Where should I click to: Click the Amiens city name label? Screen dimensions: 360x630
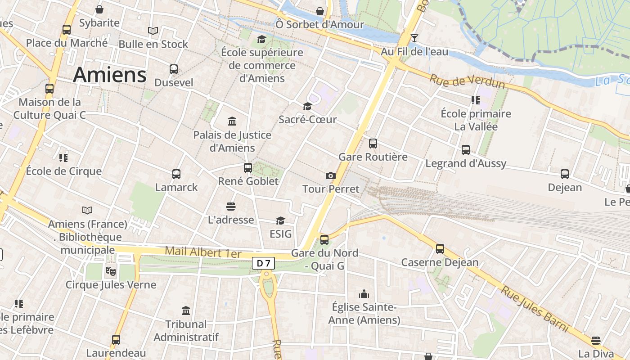tap(110, 75)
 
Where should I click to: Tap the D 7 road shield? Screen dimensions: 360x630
tap(263, 263)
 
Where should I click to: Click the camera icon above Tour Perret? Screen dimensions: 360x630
tap(331, 175)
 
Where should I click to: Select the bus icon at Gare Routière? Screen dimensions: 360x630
tap(373, 144)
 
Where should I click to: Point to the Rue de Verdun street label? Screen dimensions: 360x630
tap(467, 81)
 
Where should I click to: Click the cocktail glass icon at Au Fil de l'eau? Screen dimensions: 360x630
tap(414, 38)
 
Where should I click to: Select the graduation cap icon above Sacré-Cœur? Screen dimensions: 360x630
tap(307, 106)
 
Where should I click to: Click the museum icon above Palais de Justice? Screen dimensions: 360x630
tap(232, 121)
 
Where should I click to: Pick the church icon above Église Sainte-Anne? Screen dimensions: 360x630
tap(364, 294)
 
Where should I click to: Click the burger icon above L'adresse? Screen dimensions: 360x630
tap(231, 206)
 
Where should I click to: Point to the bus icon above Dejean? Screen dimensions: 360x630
tap(565, 174)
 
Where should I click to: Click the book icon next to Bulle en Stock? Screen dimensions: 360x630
tap(153, 31)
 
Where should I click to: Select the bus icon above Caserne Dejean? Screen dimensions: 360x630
tap(440, 248)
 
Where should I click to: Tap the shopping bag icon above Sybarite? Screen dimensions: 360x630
tap(99, 9)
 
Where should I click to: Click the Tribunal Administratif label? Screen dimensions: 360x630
tap(186, 330)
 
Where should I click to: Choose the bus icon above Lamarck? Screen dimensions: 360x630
tap(176, 174)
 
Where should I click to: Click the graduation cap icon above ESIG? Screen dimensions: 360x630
tap(280, 220)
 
